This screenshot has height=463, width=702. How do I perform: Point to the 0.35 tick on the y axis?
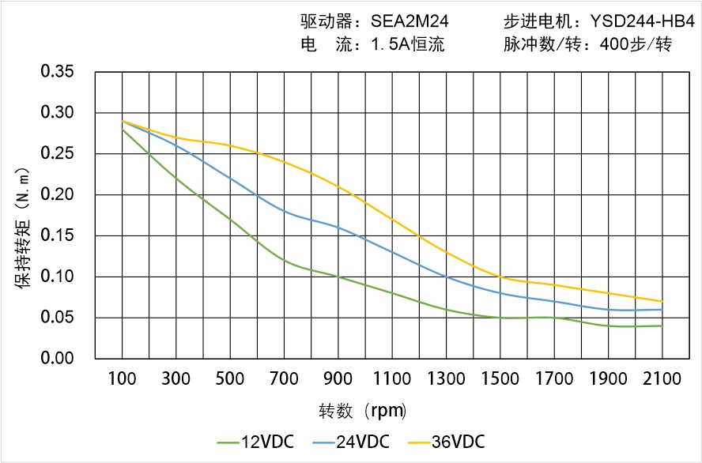pyautogui.click(x=57, y=72)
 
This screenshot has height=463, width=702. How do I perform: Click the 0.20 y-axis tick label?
pyautogui.click(x=57, y=195)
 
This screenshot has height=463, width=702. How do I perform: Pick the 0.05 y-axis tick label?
pyautogui.click(x=57, y=318)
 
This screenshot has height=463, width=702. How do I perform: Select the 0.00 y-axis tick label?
pyautogui.click(x=57, y=359)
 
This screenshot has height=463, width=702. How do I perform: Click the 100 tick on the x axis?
pyautogui.click(x=122, y=379)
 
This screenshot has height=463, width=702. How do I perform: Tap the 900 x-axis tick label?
pyautogui.click(x=338, y=379)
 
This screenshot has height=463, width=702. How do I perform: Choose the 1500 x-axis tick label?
pyautogui.click(x=500, y=379)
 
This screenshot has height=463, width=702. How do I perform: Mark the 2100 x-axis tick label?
pyautogui.click(x=662, y=379)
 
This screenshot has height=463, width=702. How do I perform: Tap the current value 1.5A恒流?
pyautogui.click(x=408, y=44)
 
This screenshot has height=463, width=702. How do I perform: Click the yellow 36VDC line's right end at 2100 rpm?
pyautogui.click(x=662, y=301)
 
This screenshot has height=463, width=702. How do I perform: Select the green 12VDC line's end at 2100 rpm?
pyautogui.click(x=662, y=326)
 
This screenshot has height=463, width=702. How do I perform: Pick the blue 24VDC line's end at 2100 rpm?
pyautogui.click(x=662, y=309)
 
